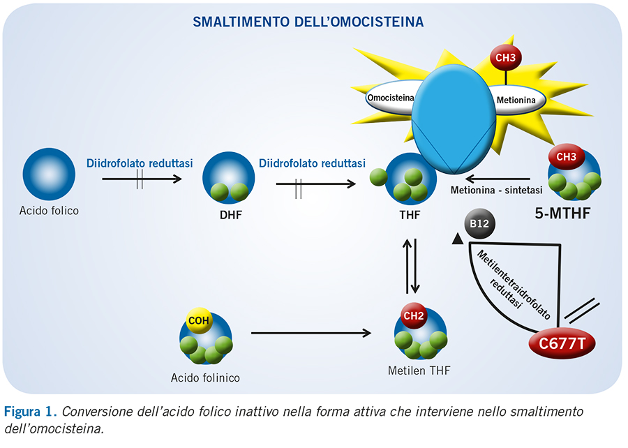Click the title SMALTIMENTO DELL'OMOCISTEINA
tap(308, 22)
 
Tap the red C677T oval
tap(562, 343)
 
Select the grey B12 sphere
tap(479, 223)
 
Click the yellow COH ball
tap(199, 320)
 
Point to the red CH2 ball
tap(414, 316)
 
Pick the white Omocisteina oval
tap(391, 98)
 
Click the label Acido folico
tap(49, 211)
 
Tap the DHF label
tap(231, 215)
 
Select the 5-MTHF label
tap(562, 214)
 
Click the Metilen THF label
tap(419, 371)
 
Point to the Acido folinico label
tap(205, 378)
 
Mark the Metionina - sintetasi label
tap(496, 191)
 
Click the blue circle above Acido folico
tap(49, 174)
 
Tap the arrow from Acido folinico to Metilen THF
tap(311, 333)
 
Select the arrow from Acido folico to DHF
tap(142, 179)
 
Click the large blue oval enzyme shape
tap(454, 119)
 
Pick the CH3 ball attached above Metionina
tap(505, 58)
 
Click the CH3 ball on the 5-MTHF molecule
tap(567, 156)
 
